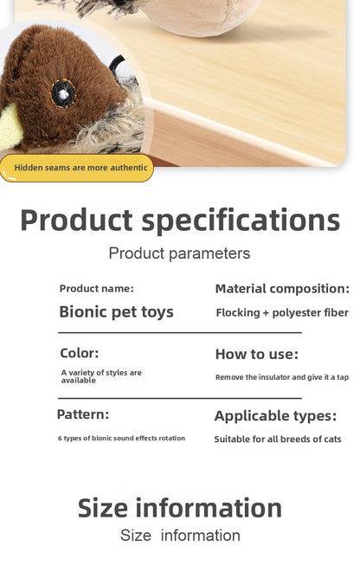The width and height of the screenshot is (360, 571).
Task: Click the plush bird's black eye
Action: click(62, 93)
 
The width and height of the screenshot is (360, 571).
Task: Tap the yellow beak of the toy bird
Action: click(11, 125)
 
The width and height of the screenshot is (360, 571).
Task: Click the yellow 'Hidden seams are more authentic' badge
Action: click(77, 167)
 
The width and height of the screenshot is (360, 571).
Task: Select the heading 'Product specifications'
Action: click(180, 220)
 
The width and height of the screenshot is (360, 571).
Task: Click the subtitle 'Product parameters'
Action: click(179, 253)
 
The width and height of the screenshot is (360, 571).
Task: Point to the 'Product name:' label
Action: click(96, 289)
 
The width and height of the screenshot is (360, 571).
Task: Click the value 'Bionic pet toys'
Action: click(116, 311)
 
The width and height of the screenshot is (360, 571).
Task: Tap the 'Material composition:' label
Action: click(282, 289)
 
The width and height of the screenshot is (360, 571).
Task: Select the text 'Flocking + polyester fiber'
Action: click(282, 312)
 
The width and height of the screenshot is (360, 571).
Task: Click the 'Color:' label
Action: click(79, 353)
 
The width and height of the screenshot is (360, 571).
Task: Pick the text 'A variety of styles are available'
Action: click(101, 376)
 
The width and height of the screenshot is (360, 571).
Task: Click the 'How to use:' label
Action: click(256, 354)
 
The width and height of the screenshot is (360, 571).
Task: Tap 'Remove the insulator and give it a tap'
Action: click(282, 377)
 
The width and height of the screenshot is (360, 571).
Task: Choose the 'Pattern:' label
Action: click(83, 414)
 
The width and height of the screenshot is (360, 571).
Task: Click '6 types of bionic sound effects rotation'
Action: click(121, 439)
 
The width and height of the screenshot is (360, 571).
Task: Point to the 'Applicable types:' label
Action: click(275, 416)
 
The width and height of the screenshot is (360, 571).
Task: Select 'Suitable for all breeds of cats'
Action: click(278, 439)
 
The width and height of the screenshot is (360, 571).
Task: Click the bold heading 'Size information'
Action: click(180, 507)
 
